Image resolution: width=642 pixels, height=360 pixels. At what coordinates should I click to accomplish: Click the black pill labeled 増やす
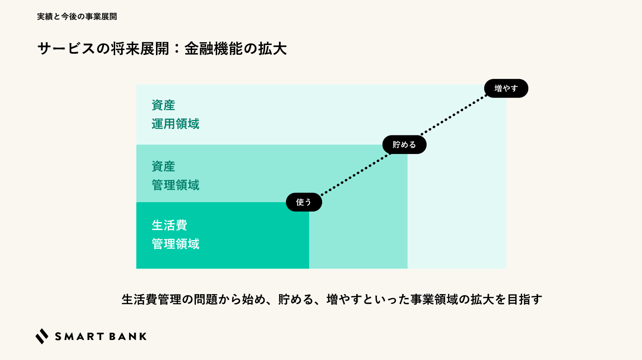coord(506,88)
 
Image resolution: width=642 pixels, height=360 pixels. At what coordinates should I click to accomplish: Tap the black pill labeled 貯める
coord(404,145)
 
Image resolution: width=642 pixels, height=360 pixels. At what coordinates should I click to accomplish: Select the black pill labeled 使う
coord(304,202)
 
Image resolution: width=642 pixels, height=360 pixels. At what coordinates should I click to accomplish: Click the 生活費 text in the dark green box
coord(169,225)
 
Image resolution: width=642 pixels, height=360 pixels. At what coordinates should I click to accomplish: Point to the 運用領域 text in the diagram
coord(175,124)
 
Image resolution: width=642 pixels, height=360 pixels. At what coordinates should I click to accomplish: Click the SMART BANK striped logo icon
coord(42,336)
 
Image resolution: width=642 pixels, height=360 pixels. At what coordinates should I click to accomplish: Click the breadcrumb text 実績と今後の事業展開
coord(77,17)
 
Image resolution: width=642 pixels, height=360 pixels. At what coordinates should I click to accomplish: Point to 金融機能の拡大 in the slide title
coord(235,49)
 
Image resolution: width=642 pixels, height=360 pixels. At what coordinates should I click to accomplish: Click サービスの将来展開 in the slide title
coord(103,49)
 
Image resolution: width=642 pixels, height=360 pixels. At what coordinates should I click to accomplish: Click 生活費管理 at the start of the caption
coord(151,300)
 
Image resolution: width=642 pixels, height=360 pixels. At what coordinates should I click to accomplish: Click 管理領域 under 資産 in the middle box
coord(175,185)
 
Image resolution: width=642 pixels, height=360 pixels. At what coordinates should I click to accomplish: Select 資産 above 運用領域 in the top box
coord(163,105)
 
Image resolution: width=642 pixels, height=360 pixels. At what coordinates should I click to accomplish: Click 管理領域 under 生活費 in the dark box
coord(175,244)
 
